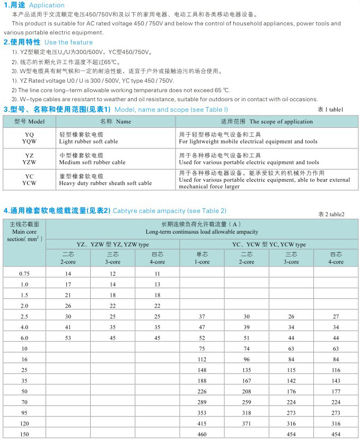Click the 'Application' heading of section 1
click(x=47, y=5)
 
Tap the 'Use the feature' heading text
click(x=68, y=42)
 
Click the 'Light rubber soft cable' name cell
click(x=89, y=142)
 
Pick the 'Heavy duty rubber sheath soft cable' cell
click(x=106, y=183)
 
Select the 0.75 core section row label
click(x=24, y=273)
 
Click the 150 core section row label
click(x=24, y=435)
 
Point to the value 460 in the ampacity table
click(x=201, y=435)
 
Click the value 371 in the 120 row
click(x=246, y=424)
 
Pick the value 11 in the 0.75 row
click(x=157, y=273)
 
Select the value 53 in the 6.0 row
click(x=68, y=338)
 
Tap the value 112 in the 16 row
click(x=201, y=359)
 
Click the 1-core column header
click(x=201, y=258)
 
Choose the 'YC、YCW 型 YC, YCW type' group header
click(x=269, y=244)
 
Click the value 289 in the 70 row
click(x=201, y=402)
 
